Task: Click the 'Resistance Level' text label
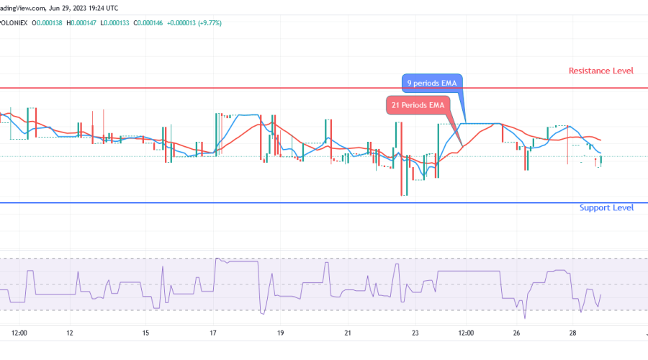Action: tap(600, 71)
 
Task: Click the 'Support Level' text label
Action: tap(606, 207)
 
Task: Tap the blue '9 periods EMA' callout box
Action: tap(431, 83)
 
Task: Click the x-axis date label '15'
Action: tap(145, 333)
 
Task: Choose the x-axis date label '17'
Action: tap(213, 333)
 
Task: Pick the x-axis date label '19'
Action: tap(280, 333)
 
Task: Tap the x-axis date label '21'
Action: tap(348, 333)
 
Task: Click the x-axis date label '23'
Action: tap(415, 333)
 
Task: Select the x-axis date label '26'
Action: tap(516, 333)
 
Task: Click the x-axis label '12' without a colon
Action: tap(70, 333)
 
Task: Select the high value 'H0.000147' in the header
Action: tap(80, 23)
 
